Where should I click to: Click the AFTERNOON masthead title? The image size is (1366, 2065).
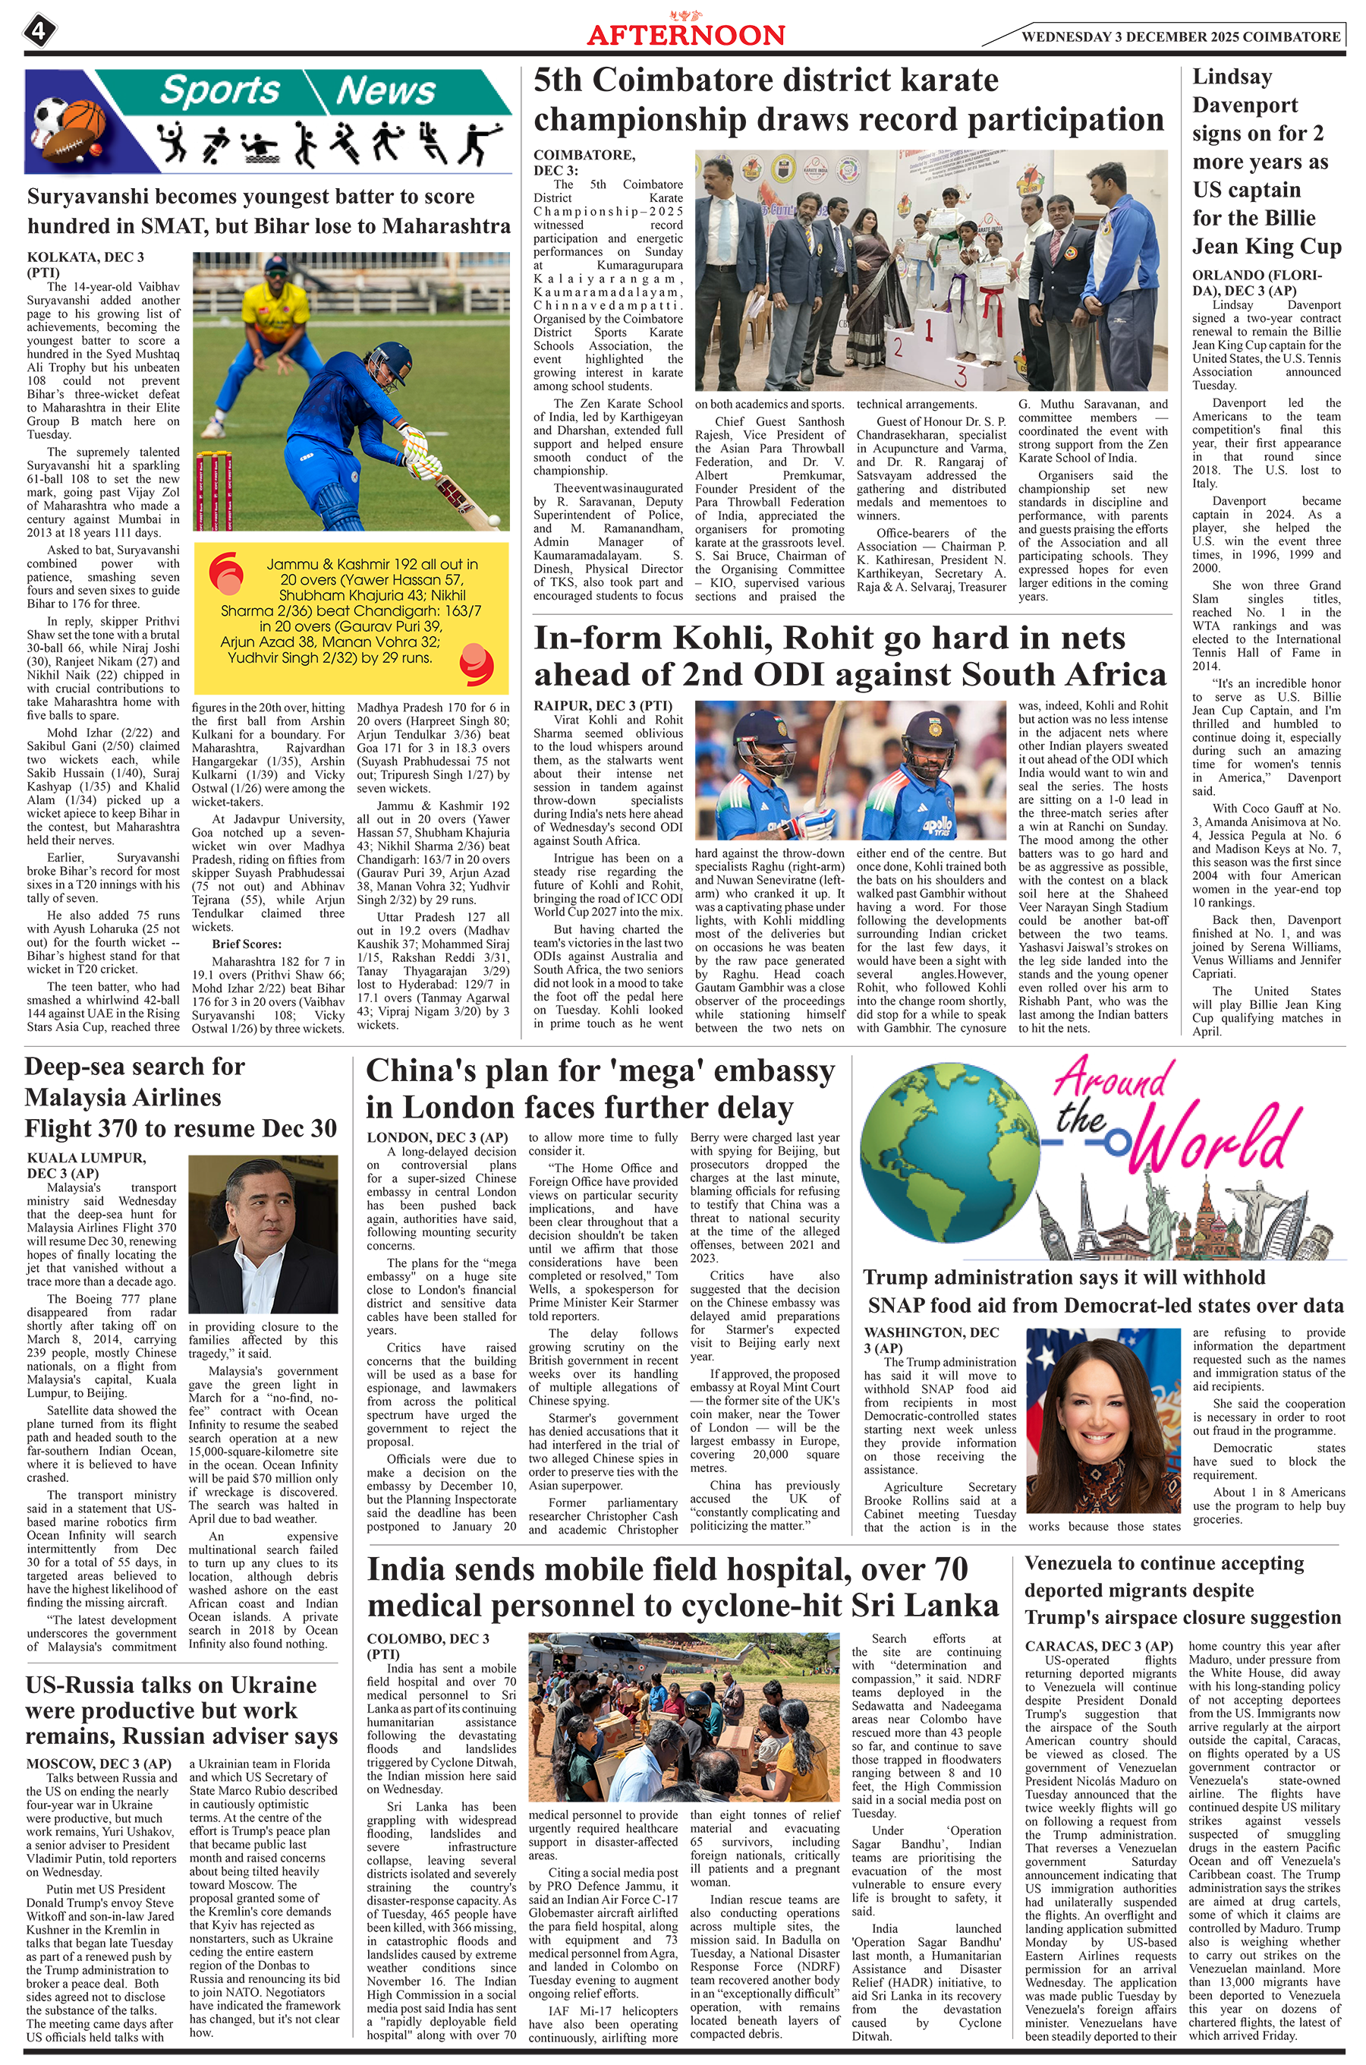click(685, 35)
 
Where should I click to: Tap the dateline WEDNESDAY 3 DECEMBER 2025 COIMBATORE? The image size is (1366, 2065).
click(1180, 36)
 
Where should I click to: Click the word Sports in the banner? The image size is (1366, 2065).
click(219, 90)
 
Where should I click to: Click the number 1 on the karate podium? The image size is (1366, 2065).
click(930, 330)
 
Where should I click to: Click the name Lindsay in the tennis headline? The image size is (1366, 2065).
click(1232, 77)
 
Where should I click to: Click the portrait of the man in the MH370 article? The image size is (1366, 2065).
click(263, 1234)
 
